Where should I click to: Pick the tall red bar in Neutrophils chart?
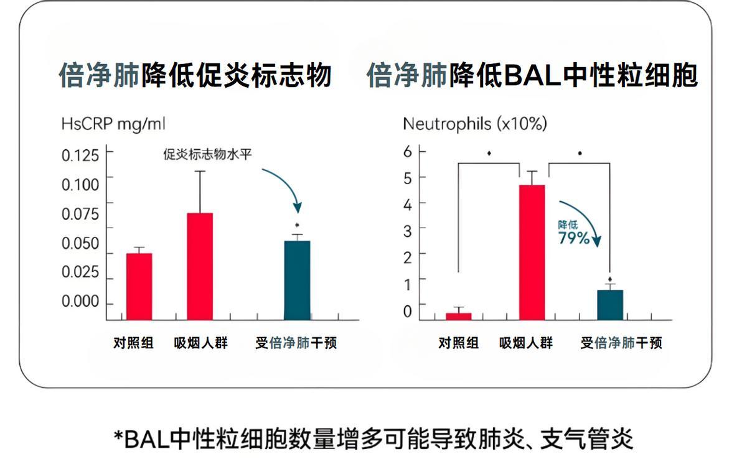click(x=532, y=252)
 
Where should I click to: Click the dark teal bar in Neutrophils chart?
click(x=610, y=305)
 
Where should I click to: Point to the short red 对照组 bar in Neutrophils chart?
click(x=458, y=316)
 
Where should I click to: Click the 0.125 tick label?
click(x=80, y=155)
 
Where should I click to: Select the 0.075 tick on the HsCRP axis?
click(x=80, y=214)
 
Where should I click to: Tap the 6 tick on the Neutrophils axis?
click(x=408, y=151)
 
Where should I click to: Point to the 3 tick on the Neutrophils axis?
click(x=408, y=230)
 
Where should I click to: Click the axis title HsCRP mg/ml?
click(x=113, y=123)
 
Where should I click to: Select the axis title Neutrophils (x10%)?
click(x=474, y=124)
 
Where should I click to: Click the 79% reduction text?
click(x=573, y=238)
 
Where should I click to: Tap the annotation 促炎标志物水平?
click(x=207, y=154)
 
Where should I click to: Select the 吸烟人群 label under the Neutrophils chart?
click(x=526, y=343)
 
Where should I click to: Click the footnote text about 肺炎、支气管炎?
click(x=374, y=438)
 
